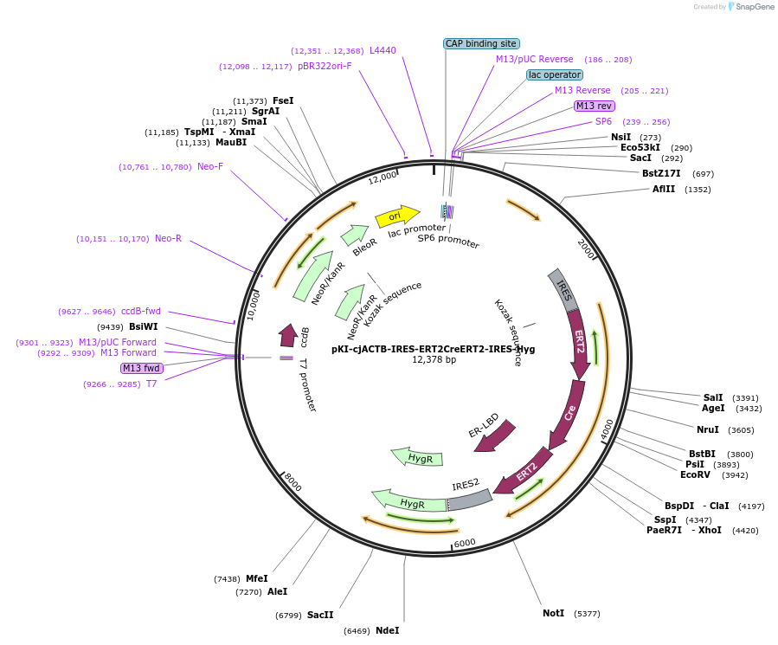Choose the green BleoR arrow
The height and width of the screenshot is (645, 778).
point(355,235)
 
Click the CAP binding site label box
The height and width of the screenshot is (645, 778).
point(480,43)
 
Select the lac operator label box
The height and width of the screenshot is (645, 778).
point(554,74)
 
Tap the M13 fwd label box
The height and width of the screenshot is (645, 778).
point(142,368)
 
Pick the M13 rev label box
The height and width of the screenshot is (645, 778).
point(595,106)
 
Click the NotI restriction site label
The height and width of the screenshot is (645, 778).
point(553,613)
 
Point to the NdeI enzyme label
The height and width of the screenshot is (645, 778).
point(387,630)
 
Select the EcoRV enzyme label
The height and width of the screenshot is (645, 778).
point(695,474)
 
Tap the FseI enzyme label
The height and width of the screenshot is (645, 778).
point(283,100)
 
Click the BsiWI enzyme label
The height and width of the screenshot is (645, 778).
point(144,326)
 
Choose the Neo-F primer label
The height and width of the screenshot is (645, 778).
point(209,166)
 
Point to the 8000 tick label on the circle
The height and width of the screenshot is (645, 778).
point(293,483)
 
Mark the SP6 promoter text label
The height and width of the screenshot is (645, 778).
point(448,242)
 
